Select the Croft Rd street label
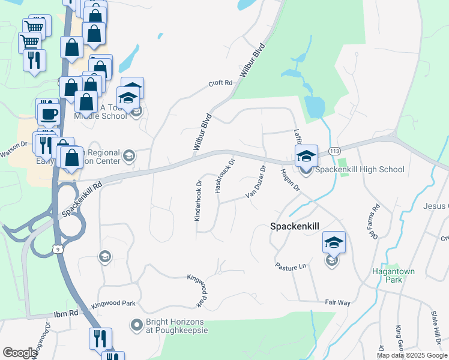[220, 83]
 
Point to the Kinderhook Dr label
[197, 200]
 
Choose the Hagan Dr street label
[289, 179]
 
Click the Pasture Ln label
[291, 265]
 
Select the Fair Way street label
[337, 302]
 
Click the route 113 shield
[335, 152]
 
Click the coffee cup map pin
[48, 111]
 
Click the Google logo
[20, 353]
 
